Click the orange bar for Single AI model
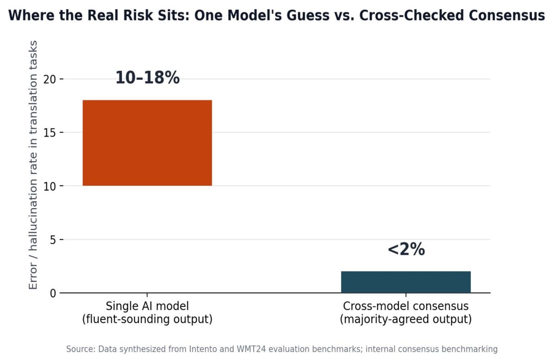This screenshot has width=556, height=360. click(147, 143)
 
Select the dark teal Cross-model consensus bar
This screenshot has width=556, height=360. click(406, 282)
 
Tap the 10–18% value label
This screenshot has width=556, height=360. click(147, 77)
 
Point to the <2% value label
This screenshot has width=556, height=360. click(406, 249)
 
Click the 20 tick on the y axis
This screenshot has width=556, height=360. click(50, 79)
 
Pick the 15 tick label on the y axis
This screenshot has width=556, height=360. click(50, 133)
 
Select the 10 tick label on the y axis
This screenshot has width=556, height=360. click(50, 186)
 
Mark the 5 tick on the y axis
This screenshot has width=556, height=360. click(53, 240)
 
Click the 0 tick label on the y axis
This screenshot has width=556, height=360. click(53, 293)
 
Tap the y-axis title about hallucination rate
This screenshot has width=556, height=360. click(33, 165)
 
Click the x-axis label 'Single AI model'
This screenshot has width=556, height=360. click(147, 306)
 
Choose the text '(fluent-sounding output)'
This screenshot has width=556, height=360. click(147, 319)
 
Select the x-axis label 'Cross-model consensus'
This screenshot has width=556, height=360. click(406, 306)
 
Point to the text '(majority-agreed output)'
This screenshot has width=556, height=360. click(406, 319)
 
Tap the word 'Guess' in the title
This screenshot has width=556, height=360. click(308, 15)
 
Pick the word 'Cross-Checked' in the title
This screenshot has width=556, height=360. click(411, 15)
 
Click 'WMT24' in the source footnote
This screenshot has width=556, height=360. click(251, 349)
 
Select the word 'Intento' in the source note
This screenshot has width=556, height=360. click(203, 349)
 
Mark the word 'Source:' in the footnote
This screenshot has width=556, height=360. click(81, 349)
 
